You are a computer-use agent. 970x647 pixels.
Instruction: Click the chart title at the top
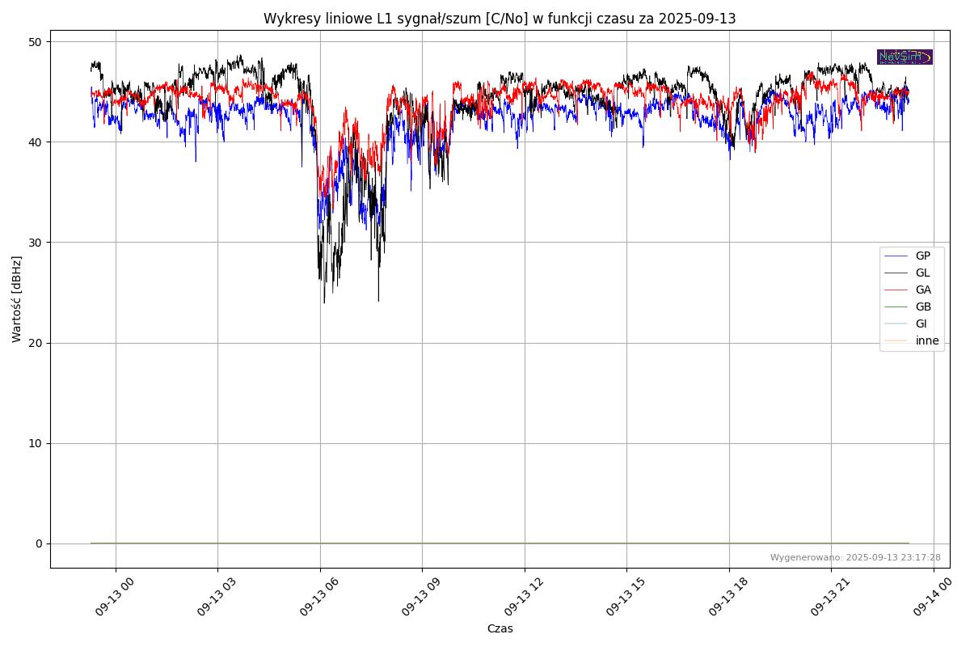point(500,19)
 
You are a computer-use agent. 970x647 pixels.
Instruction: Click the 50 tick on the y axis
point(36,41)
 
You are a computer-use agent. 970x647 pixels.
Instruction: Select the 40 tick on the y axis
point(36,142)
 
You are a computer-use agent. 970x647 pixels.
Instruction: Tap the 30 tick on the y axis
point(36,243)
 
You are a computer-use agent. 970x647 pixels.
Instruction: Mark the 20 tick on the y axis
point(36,343)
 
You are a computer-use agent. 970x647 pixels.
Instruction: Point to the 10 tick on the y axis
point(36,443)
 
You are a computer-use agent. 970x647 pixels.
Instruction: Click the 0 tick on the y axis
point(39,543)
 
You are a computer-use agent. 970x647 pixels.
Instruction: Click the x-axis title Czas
point(500,628)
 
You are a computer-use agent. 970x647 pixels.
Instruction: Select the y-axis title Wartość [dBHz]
point(17,299)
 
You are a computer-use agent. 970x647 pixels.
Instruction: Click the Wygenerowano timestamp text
point(855,557)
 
